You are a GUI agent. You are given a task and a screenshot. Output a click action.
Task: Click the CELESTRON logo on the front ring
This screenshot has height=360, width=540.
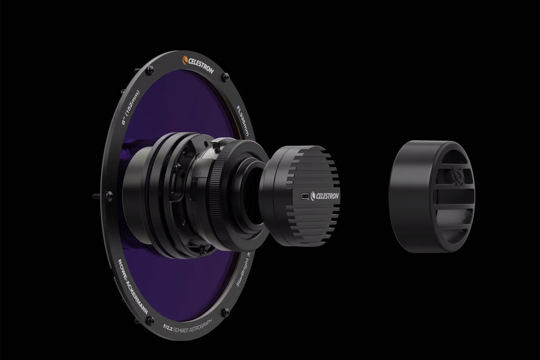200,64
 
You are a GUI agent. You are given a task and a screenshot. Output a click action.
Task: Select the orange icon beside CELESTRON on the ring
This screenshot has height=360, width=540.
185,60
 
